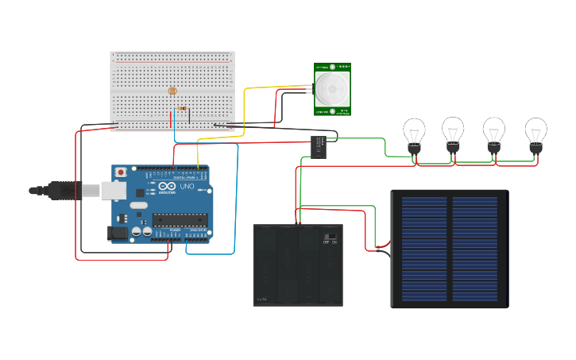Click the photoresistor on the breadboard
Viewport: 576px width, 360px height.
coord(172,91)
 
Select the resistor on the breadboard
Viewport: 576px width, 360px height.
coord(181,108)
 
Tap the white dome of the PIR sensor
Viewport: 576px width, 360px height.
coord(331,89)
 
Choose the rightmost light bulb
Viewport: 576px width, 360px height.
coord(535,133)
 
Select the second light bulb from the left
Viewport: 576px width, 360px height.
coord(453,132)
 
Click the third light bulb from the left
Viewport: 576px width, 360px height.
coord(494,132)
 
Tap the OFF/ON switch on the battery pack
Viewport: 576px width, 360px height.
coord(330,237)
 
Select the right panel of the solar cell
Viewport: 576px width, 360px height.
coord(475,249)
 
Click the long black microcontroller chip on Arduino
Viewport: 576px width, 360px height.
coord(180,219)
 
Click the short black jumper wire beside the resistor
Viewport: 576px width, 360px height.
coord(189,117)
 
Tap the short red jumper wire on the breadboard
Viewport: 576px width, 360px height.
coord(171,119)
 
